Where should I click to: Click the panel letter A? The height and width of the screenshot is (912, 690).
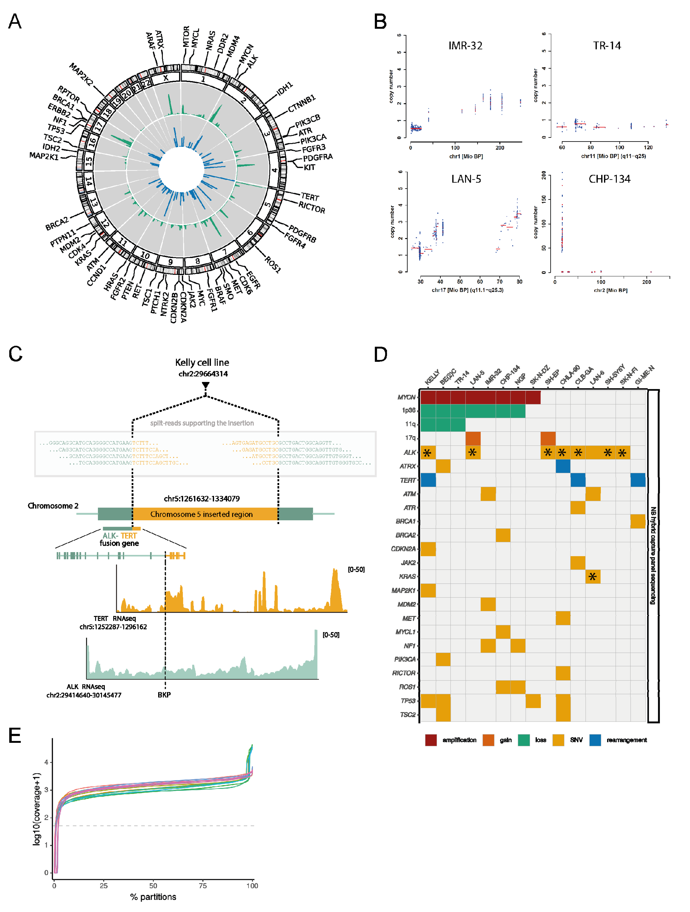pos(15,21)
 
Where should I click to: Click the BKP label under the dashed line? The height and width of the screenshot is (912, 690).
pos(164,695)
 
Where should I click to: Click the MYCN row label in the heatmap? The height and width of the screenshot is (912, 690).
pos(406,397)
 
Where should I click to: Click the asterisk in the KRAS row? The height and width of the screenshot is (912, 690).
pos(593,576)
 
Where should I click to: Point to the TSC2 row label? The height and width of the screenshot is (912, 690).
pos(408,715)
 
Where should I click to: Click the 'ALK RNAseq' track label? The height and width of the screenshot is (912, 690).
pos(86,686)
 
